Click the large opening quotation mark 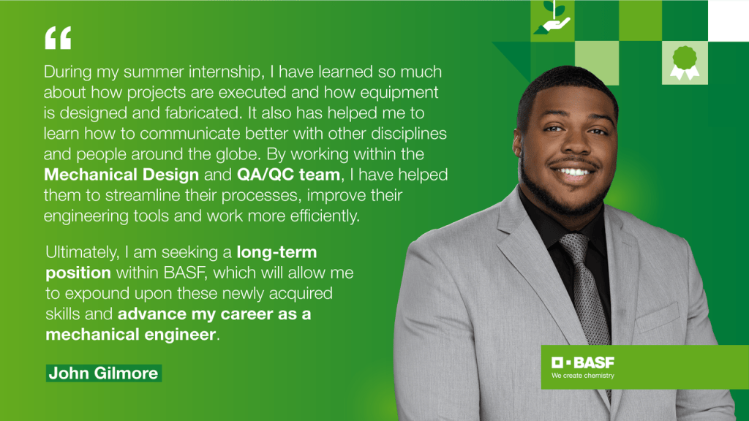[x=58, y=38]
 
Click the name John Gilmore [x=104, y=373]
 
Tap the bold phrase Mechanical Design [x=121, y=175]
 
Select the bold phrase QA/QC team [x=288, y=175]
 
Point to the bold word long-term [x=276, y=252]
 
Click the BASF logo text [x=583, y=363]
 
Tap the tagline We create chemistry [x=583, y=376]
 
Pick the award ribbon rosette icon [x=685, y=63]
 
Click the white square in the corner [x=728, y=20]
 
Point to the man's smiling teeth [x=573, y=171]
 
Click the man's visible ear [x=518, y=143]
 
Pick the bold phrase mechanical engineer [x=131, y=334]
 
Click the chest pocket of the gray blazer [x=658, y=317]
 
